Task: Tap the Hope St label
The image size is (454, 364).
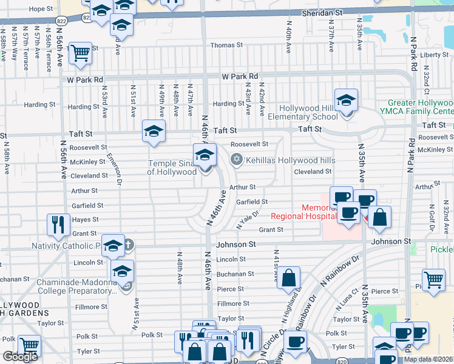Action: pos(41,9)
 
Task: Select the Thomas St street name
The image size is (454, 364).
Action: pos(226,45)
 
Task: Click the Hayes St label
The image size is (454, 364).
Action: pos(86,220)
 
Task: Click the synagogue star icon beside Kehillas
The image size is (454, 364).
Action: pos(236,160)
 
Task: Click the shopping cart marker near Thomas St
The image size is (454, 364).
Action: pos(80,53)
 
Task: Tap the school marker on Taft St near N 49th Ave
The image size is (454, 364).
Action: pos(154,130)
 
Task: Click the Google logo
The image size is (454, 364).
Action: pos(20,357)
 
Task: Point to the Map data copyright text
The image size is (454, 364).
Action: pos(429,359)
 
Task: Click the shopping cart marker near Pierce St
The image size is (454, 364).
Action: pos(433,280)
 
